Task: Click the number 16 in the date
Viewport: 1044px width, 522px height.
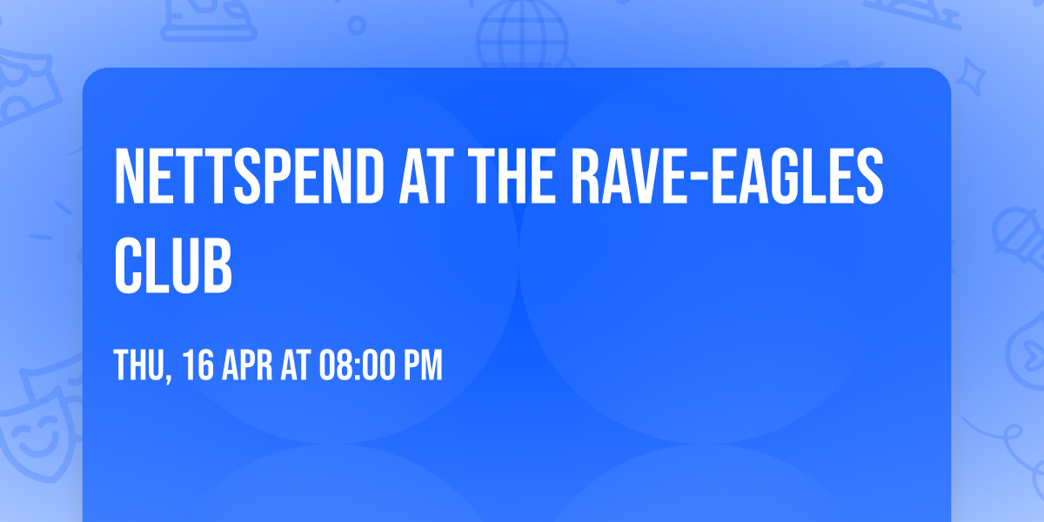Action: pos(199,365)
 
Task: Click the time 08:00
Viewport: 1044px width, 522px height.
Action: pos(358,365)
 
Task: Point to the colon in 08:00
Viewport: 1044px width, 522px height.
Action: pos(358,367)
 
